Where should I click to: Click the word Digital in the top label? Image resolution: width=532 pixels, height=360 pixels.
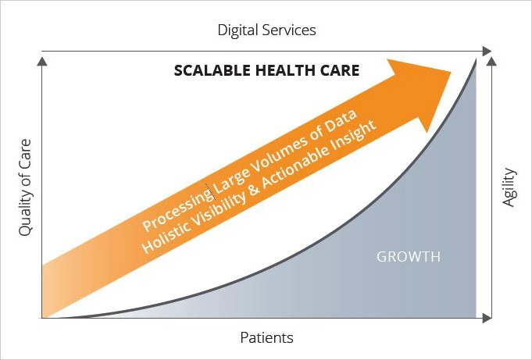click(x=237, y=30)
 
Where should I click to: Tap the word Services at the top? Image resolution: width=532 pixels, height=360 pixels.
click(x=289, y=30)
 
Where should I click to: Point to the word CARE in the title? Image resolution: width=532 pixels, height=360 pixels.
click(x=336, y=70)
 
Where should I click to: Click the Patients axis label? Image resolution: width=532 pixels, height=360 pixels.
click(x=266, y=338)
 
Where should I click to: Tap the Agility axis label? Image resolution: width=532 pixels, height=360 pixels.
click(x=509, y=187)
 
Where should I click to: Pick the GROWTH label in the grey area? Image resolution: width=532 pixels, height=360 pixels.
click(x=409, y=257)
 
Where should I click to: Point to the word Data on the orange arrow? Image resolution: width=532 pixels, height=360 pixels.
click(x=340, y=123)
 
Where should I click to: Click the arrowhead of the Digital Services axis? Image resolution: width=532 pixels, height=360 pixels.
click(x=487, y=52)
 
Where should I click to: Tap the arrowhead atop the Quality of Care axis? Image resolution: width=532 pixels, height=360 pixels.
click(x=41, y=62)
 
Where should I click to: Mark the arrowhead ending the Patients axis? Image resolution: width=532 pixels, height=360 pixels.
click(x=487, y=318)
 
